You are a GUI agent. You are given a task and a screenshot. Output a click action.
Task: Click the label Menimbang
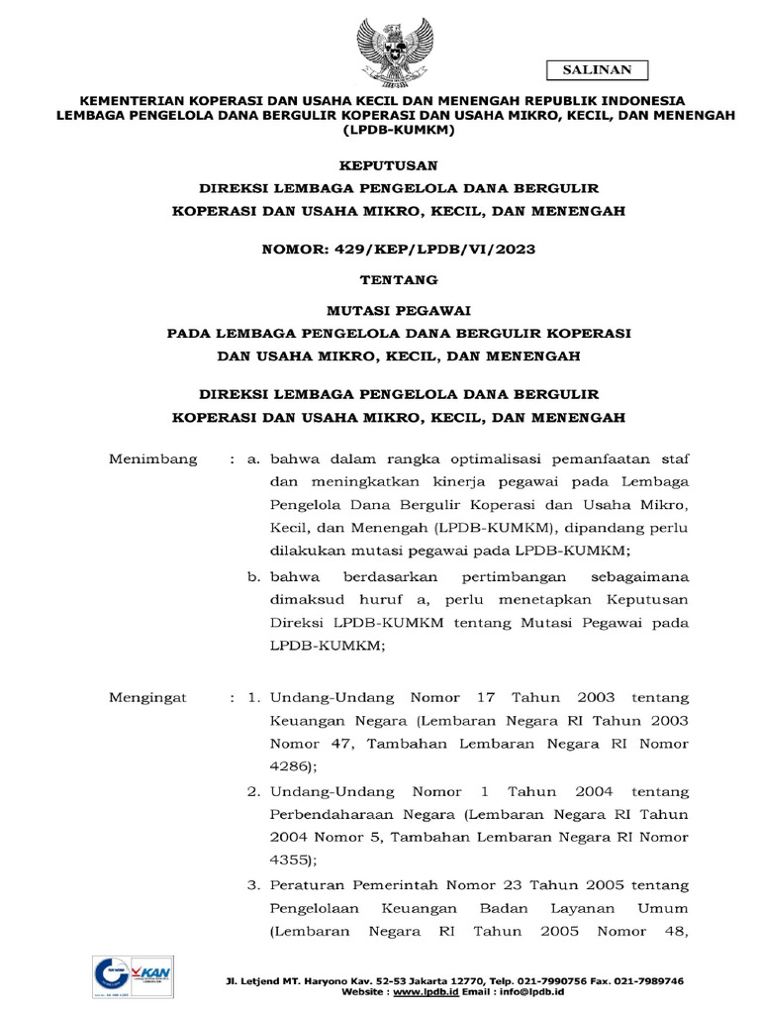click(152, 459)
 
